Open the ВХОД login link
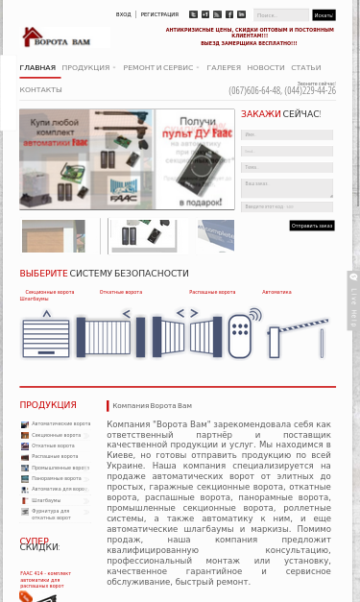pyautogui.click(x=124, y=15)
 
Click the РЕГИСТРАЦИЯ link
pyautogui.click(x=159, y=15)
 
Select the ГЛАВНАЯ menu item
pyautogui.click(x=37, y=68)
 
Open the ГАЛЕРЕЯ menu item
pyautogui.click(x=224, y=68)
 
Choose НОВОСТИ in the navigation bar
pyautogui.click(x=266, y=68)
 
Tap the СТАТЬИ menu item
pyautogui.click(x=306, y=68)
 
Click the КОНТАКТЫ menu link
pyautogui.click(x=40, y=89)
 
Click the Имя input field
pyautogui.click(x=287, y=134)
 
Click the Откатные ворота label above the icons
pyautogui.click(x=120, y=292)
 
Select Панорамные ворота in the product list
pyautogui.click(x=57, y=478)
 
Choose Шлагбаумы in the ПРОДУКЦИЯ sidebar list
pyautogui.click(x=46, y=500)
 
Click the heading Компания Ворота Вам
pyautogui.click(x=152, y=406)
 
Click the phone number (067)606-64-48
pyautogui.click(x=254, y=91)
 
